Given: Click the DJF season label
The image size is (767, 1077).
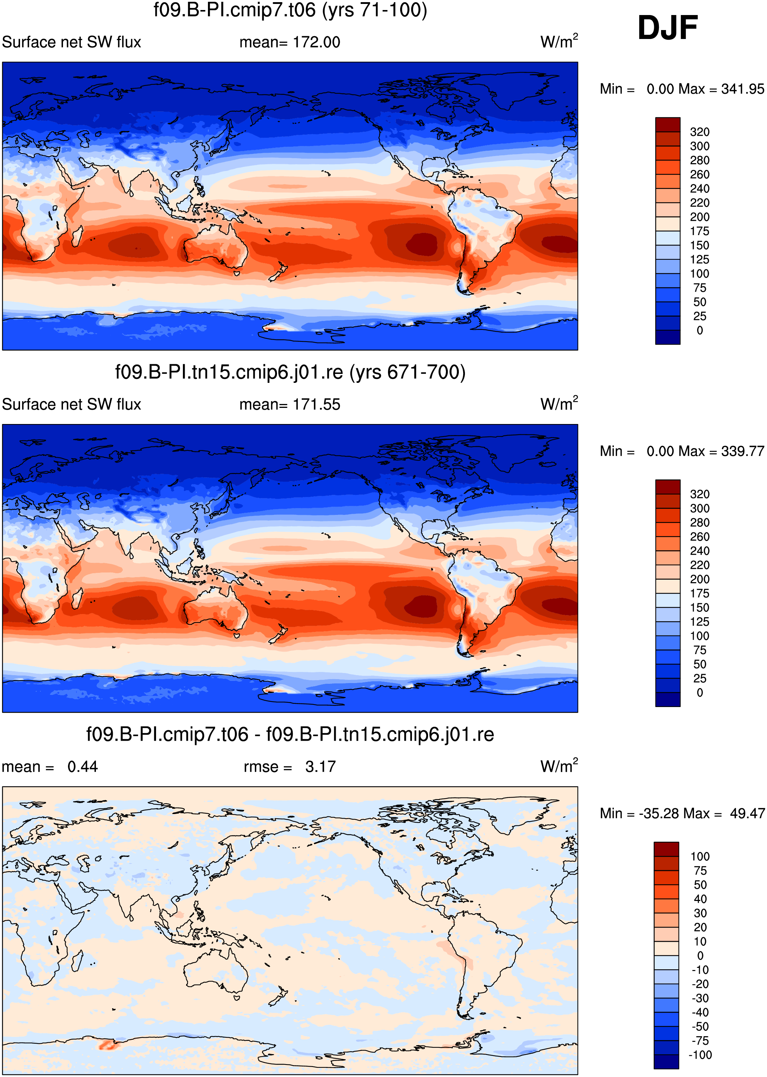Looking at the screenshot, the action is click(x=668, y=28).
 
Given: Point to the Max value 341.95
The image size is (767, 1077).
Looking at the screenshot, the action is click(x=742, y=89).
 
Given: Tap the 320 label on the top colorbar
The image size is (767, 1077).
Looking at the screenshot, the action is click(x=699, y=132).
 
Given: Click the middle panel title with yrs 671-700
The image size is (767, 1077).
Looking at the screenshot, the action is click(x=290, y=372).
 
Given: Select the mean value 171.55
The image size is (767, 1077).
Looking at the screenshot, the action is click(x=316, y=405).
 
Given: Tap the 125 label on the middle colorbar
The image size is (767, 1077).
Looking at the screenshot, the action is click(x=699, y=622).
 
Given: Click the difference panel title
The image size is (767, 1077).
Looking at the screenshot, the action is click(x=290, y=734).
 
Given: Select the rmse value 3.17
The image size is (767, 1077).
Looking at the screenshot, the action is click(x=320, y=766).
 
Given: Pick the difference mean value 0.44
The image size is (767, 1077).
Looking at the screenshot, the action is click(x=83, y=766).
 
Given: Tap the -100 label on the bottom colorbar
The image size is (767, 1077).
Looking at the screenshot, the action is click(x=700, y=1054).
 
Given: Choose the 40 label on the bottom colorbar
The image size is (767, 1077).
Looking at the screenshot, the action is click(x=700, y=899).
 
